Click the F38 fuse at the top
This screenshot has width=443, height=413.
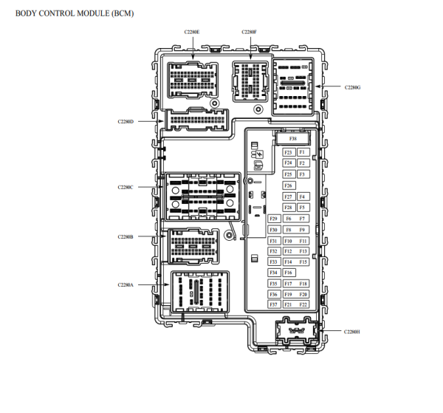point(293,138)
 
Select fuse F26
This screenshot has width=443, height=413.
point(288,185)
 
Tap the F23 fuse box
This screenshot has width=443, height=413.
point(288,152)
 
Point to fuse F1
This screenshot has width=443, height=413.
point(302,152)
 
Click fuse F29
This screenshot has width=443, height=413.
point(273,219)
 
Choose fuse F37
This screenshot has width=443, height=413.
point(273,304)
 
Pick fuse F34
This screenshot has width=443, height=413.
point(273,273)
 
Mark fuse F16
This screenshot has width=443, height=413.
point(288,273)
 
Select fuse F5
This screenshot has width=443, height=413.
point(302,208)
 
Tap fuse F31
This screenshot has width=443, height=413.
point(273,241)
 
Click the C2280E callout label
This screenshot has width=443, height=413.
point(191,33)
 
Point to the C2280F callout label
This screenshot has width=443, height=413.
point(249,33)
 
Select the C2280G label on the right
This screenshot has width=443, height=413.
point(352,87)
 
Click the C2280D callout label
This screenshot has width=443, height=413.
point(126,121)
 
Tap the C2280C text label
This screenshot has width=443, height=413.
point(126,188)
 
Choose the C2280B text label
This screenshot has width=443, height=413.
point(126,237)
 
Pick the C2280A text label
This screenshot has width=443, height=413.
point(126,284)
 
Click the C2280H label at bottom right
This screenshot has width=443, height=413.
point(352,332)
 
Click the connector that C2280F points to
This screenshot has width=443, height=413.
point(249,79)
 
